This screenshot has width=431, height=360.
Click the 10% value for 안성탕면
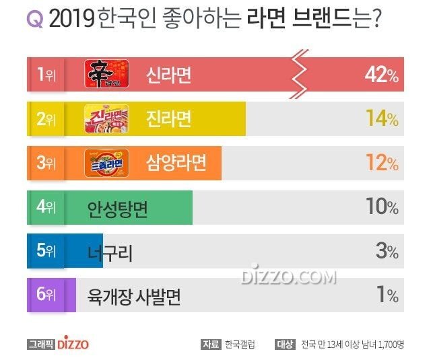382,207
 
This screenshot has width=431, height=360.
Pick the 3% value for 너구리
387,251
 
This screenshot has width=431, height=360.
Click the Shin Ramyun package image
106,75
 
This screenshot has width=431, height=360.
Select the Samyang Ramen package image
106,162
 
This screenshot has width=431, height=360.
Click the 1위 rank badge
46,75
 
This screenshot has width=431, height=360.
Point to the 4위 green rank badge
46,207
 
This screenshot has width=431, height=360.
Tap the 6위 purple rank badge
46,295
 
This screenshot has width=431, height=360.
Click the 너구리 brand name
110,252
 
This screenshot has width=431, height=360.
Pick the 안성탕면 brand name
118,208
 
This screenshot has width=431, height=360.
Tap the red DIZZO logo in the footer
72,344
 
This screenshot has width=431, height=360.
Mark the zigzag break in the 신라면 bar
300,75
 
